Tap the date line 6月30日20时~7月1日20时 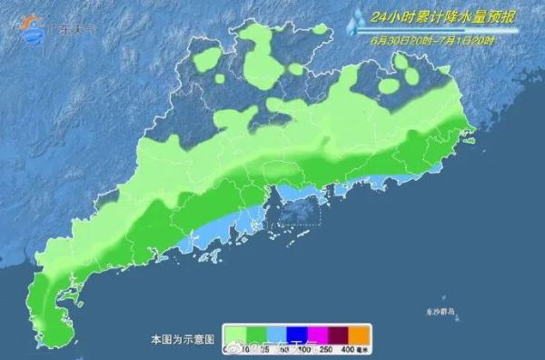(x=432, y=39)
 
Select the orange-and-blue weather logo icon (x=31, y=30)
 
